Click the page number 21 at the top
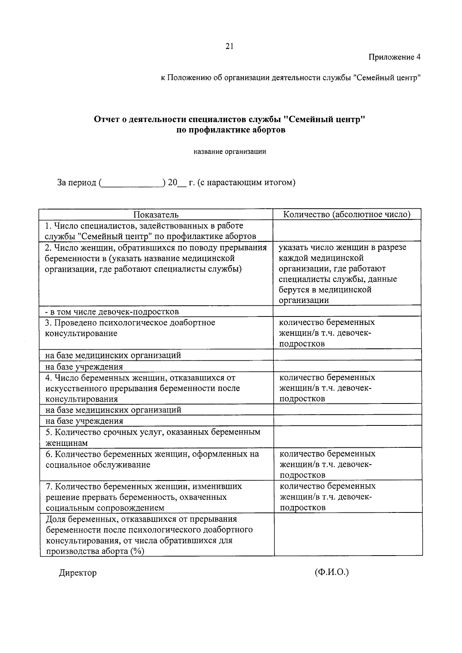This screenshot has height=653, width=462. [229, 47]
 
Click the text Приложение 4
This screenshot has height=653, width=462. [394, 57]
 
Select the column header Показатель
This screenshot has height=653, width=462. [156, 214]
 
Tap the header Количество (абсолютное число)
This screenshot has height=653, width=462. [346, 214]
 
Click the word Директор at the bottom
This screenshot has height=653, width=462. [78, 573]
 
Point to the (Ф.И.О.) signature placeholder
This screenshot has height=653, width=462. [331, 572]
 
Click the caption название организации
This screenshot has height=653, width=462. [229, 152]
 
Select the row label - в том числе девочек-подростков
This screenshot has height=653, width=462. [112, 311]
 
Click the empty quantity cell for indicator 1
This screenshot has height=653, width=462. [348, 231]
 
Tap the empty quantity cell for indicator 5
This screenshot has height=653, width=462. [348, 437]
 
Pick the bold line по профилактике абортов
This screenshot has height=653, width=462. [231, 130]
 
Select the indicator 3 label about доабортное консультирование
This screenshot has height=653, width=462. [130, 328]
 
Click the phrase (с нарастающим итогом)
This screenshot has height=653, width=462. [246, 183]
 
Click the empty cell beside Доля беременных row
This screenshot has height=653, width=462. [348, 535]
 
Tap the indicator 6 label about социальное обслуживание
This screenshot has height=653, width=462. [152, 459]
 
